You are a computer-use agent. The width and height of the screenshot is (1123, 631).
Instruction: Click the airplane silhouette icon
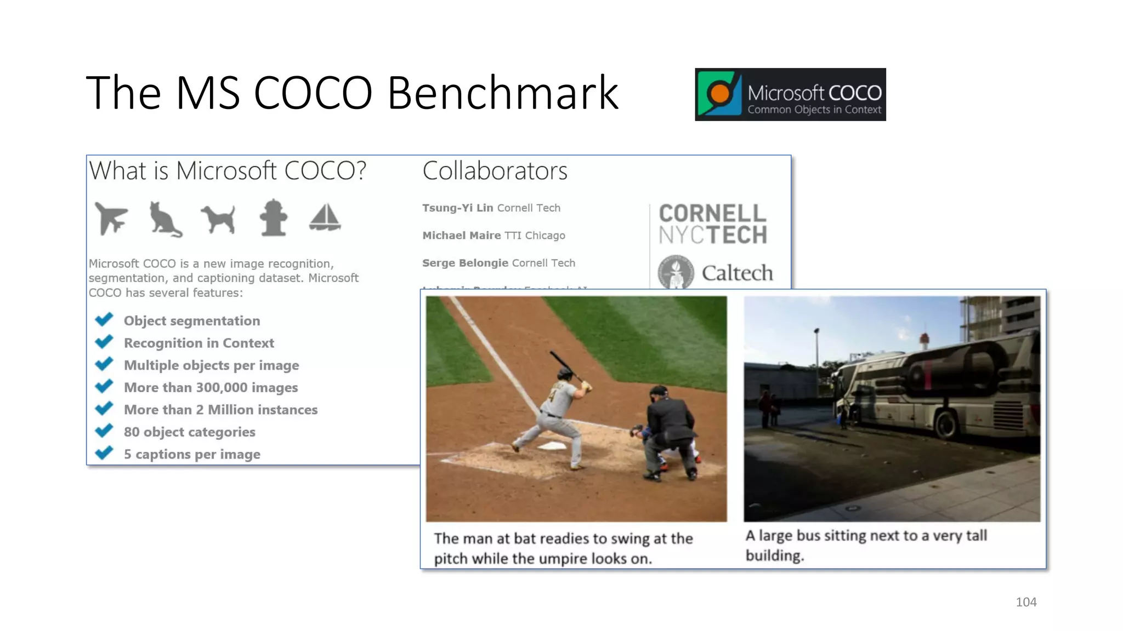coord(111,218)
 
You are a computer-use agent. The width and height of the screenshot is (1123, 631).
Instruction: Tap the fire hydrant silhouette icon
coord(273,218)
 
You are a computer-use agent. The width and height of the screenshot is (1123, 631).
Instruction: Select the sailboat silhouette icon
coord(325,218)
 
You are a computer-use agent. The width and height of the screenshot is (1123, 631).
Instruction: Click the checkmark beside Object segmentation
coord(104,319)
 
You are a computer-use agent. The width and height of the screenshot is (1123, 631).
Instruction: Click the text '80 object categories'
coord(189,432)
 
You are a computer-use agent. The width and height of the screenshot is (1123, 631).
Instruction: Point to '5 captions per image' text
coord(192,455)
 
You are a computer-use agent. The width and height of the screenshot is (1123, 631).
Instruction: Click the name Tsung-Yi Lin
coord(457,208)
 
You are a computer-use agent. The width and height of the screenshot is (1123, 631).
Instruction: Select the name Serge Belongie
coord(465,263)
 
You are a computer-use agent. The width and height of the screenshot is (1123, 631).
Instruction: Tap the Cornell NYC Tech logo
coord(712,224)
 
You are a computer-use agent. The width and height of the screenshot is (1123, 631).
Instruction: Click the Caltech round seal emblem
coord(676,272)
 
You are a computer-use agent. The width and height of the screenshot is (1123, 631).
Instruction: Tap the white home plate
coord(551,446)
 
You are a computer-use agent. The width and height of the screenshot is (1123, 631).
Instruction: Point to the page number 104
coord(1025,602)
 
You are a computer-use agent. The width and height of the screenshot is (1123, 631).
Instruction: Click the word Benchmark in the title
coord(503,93)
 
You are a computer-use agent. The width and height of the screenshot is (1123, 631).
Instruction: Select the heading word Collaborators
coord(495,171)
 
